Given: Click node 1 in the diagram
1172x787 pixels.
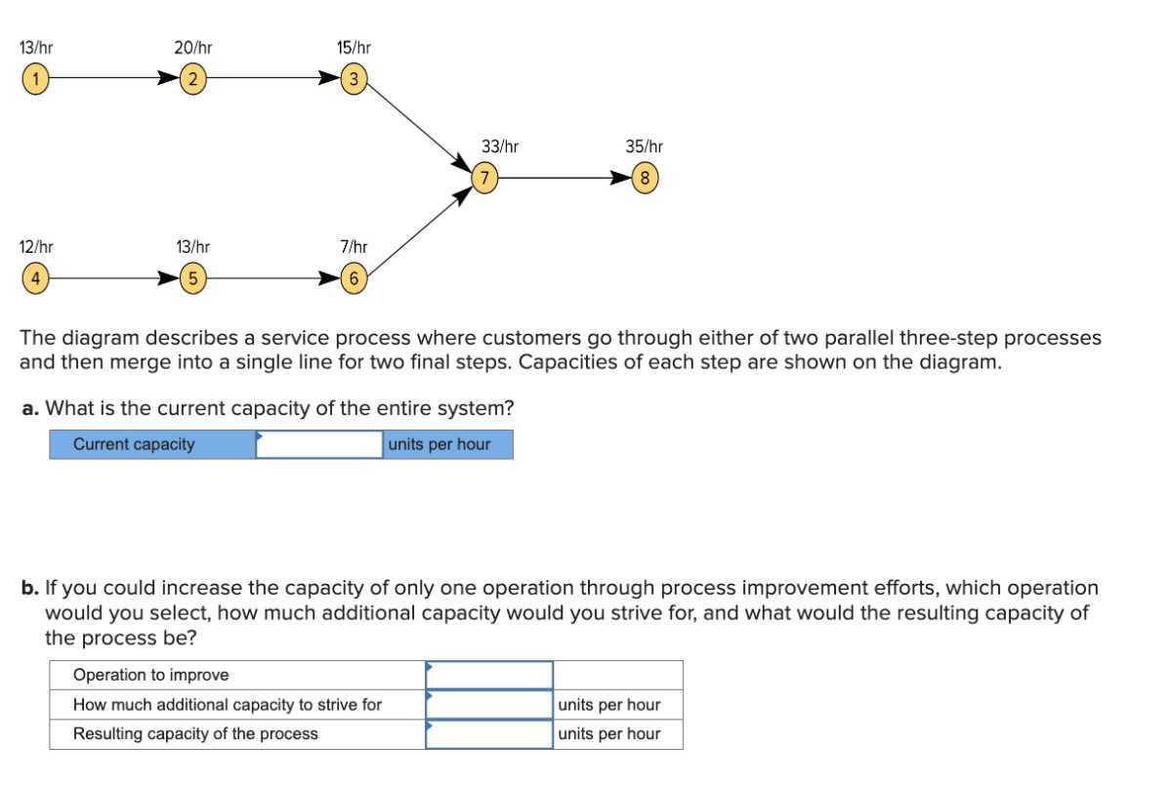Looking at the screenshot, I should [34, 79].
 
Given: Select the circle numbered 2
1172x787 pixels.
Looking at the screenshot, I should [193, 79].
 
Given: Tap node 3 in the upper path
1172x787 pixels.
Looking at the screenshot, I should [355, 79].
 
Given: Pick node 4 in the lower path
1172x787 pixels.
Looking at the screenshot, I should [34, 278].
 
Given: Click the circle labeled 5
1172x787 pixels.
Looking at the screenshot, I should [193, 278].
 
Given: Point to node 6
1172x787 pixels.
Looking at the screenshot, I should [355, 278].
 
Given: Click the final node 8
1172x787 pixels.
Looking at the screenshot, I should [645, 179].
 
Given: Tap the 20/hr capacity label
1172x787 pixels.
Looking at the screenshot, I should [193, 47].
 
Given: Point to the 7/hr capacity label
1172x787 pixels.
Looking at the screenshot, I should [354, 247].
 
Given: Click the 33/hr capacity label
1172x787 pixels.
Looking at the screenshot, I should [500, 146].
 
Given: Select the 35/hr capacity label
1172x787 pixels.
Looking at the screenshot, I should [645, 146].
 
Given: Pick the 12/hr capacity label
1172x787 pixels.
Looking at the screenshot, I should [36, 247].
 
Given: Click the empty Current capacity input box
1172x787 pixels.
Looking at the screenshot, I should [319, 445].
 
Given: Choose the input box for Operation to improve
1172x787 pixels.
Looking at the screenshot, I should [488, 675].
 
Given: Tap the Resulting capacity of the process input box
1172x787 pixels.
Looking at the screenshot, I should [488, 734].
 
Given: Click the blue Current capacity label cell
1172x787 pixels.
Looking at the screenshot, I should [152, 445].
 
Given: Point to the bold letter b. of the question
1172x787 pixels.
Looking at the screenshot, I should [31, 589].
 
